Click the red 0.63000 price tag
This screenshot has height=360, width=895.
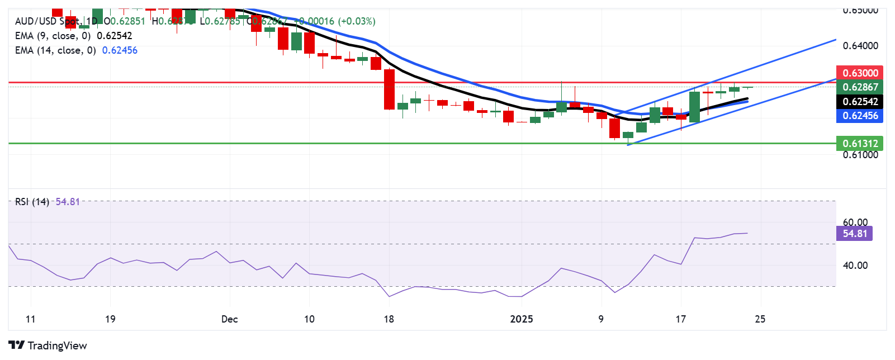[860, 73]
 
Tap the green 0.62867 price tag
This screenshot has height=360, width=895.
[860, 87]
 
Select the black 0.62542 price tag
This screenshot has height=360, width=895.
[860, 102]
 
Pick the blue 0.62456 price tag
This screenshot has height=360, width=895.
[860, 116]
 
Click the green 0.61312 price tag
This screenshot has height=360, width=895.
[860, 143]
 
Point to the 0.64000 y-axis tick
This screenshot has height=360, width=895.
[860, 46]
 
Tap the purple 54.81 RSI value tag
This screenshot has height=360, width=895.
[854, 233]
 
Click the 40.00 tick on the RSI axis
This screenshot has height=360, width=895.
[855, 265]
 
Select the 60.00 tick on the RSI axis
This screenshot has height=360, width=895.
[855, 222]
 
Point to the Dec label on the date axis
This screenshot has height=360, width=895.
[229, 319]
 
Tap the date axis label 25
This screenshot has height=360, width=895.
[760, 319]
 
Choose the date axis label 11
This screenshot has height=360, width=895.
[30, 319]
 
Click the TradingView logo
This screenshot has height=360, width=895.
[48, 345]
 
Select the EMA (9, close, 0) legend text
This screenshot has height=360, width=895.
[53, 36]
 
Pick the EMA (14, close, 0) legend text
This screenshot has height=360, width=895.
[55, 50]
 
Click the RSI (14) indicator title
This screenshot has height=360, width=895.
[32, 202]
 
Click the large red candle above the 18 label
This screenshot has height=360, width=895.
[389, 89]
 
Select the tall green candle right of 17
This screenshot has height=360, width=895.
[695, 107]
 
